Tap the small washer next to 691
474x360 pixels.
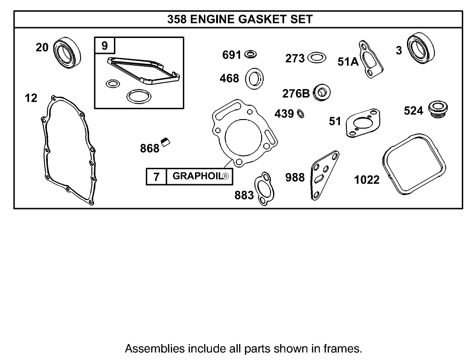pos(250,55)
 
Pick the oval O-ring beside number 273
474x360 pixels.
pos(317,59)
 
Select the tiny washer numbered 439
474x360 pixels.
pos(301,113)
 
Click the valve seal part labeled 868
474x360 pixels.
pos(165,142)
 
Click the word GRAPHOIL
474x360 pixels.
pos(197,176)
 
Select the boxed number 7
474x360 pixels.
pos(157,177)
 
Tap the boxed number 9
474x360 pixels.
pos(104,46)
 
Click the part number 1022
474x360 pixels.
pos(367,180)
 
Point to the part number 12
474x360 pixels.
pos(31,98)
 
